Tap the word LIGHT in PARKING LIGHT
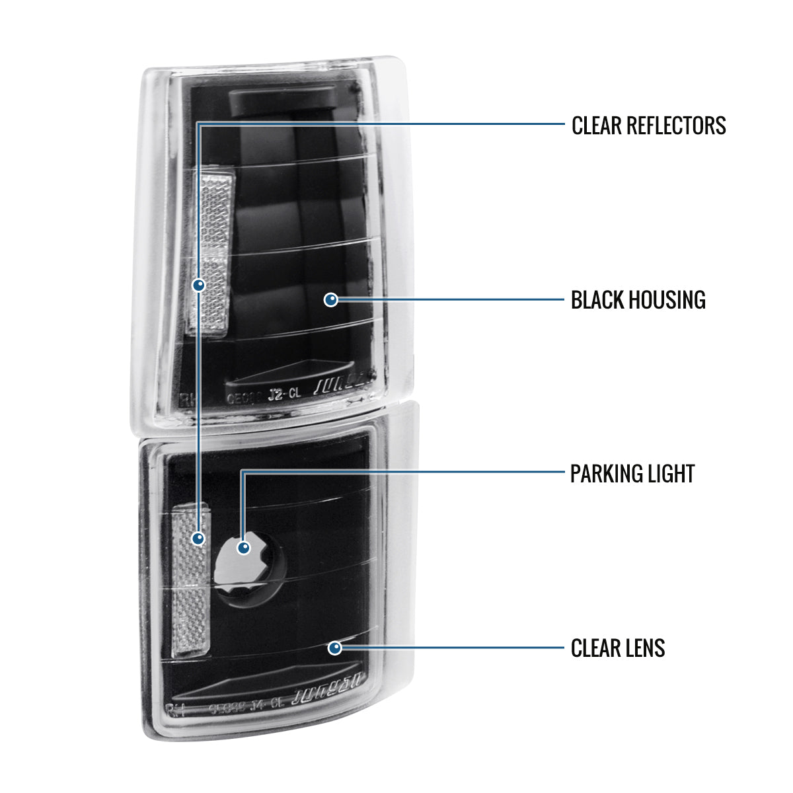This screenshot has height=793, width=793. tap(672, 474)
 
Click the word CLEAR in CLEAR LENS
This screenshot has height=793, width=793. tap(593, 648)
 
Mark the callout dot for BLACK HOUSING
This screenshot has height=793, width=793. tap(331, 300)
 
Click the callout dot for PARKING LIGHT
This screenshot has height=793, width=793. tap(244, 547)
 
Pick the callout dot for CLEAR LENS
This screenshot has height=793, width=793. tap(335, 648)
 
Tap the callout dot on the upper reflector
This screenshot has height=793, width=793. tap(198, 285)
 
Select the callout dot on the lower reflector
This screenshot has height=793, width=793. tap(198, 539)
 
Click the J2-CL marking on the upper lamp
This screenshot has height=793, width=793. tap(285, 395)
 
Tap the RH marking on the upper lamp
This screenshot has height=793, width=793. tap(189, 398)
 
